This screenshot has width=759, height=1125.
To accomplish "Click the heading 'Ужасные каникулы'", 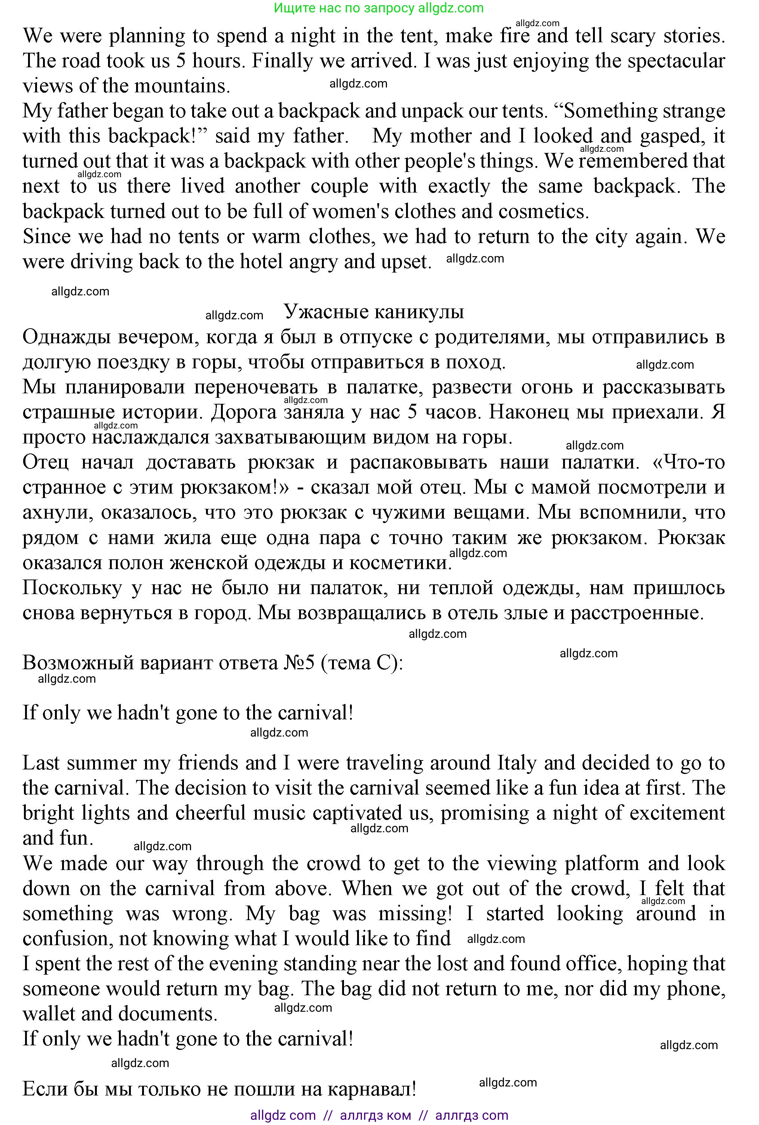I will click(374, 312).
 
